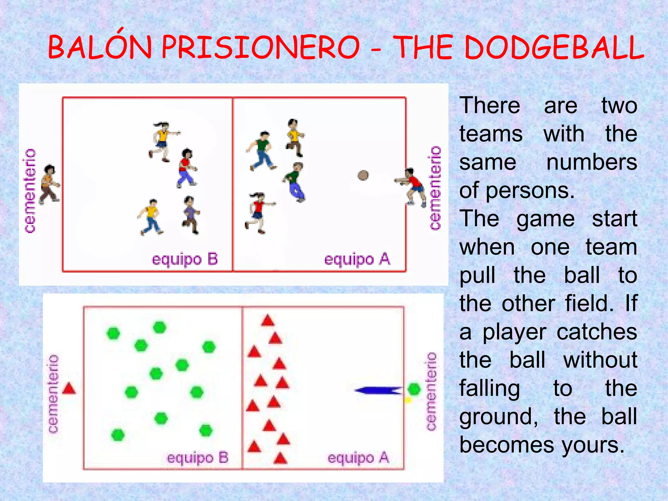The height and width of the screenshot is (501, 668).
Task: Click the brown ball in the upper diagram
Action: coord(363,175)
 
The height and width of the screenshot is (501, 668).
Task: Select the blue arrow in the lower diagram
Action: coord(378,390)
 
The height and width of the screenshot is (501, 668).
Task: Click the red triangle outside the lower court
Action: coord(69,388)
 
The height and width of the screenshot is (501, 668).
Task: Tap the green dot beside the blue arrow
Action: coord(414,389)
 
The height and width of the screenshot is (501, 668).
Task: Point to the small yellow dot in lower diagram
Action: coord(407,400)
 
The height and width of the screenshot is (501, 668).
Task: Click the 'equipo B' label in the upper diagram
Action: coord(185,260)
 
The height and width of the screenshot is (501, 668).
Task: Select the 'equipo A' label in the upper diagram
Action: coord(357,260)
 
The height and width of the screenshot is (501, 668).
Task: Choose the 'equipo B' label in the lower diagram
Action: coord(197,458)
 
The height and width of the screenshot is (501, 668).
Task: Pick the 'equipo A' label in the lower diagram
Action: coord(358,458)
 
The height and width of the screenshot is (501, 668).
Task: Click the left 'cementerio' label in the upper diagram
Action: coord(30,191)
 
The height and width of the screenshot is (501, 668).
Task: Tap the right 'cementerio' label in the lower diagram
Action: coord(431,391)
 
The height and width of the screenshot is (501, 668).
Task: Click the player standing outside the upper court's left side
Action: coord(50,184)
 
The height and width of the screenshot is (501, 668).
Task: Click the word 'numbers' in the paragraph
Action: coord(592,162)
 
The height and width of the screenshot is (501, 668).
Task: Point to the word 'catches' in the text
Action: coord(597,332)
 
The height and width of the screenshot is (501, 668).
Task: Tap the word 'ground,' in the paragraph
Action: coord(499,417)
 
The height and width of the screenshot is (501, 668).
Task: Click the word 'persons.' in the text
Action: coord(530,191)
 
